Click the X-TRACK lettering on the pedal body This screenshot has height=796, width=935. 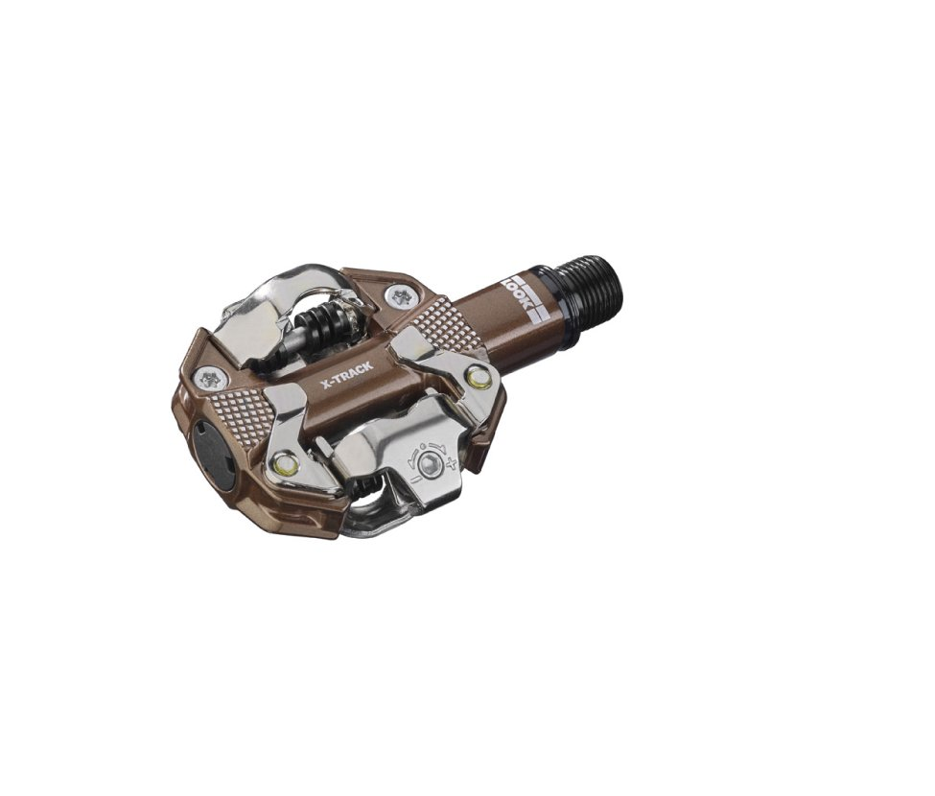click(x=347, y=376)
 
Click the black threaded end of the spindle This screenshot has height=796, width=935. click(x=592, y=283)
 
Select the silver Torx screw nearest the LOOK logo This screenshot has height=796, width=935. click(x=397, y=293)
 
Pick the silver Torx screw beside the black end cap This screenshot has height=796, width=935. click(x=209, y=378)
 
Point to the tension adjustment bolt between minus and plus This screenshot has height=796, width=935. click(x=428, y=462)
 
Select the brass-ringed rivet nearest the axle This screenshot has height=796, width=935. click(x=478, y=377)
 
